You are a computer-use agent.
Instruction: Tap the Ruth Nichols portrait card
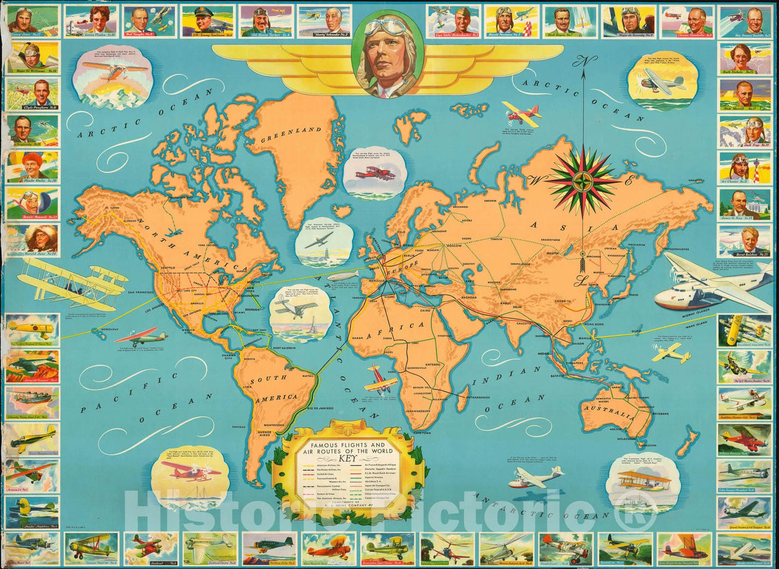(745, 58)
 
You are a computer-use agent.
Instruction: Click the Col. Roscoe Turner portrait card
(266, 21)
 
